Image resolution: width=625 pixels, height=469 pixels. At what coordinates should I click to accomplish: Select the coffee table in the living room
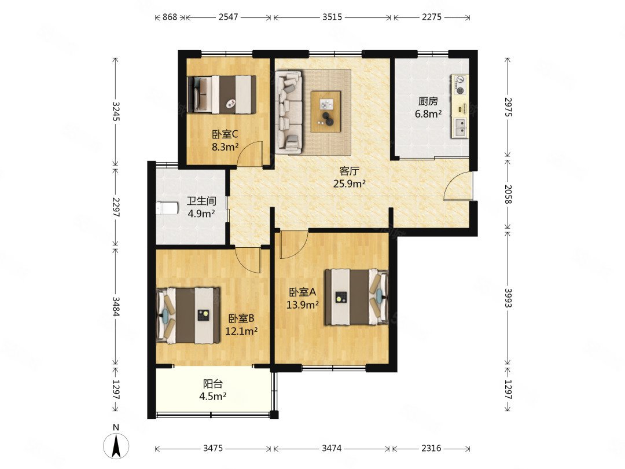pyautogui.click(x=326, y=111)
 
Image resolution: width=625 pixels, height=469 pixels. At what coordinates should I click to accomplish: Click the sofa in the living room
pyautogui.click(x=289, y=112)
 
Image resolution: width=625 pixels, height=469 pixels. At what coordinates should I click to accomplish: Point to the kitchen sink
pyautogui.click(x=459, y=127)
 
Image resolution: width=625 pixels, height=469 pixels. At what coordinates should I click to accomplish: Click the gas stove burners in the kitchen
pyautogui.click(x=460, y=85)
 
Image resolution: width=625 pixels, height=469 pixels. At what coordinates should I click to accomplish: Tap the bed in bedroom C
pyautogui.click(x=222, y=95)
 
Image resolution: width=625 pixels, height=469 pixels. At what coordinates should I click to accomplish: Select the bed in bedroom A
pyautogui.click(x=356, y=297)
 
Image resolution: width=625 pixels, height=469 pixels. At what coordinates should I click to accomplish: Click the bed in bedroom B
pyautogui.click(x=187, y=316)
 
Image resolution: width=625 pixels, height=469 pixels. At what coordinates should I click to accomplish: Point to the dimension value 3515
pyautogui.click(x=332, y=17)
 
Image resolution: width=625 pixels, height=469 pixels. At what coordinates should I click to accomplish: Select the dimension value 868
pyautogui.click(x=170, y=17)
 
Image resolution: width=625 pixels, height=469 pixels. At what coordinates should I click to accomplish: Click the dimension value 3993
pyautogui.click(x=508, y=298)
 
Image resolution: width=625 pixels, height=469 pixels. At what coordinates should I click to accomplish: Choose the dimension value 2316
pyautogui.click(x=431, y=448)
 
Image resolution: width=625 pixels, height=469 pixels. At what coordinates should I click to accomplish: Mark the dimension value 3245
pyautogui.click(x=116, y=111)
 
